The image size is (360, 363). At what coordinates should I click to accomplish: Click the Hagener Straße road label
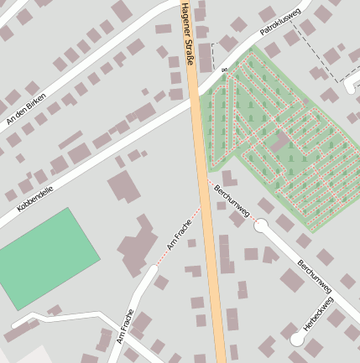pos(187,33)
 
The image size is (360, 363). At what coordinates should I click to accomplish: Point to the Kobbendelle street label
pos(35,200)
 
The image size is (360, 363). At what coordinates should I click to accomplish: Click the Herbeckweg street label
pos(319,313)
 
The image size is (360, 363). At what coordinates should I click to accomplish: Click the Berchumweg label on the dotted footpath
pos(232,202)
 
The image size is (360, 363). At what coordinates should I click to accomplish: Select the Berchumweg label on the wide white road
pos(315,276)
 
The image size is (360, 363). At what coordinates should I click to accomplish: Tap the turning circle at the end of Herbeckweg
pos(296,339)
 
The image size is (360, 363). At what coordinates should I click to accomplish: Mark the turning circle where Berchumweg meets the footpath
pos(261,225)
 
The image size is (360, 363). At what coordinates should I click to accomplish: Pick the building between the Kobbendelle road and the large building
pos(124,187)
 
